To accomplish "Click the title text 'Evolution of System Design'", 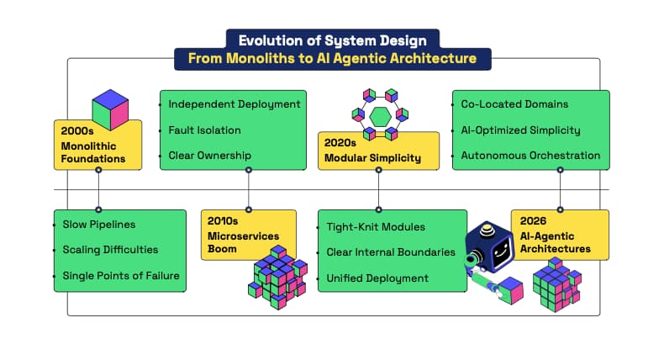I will pos(332,39).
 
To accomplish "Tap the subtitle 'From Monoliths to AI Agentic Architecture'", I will pos(332,59).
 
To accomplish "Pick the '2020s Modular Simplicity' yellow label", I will pos(377,151).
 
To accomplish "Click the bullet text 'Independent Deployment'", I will pos(235,104).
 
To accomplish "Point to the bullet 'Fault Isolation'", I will pos(204,130).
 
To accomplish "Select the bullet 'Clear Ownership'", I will pos(210,156).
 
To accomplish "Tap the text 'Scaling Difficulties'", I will pos(110,249).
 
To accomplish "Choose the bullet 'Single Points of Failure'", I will pos(120,275).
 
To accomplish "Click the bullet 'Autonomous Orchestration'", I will pos(530,156).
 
